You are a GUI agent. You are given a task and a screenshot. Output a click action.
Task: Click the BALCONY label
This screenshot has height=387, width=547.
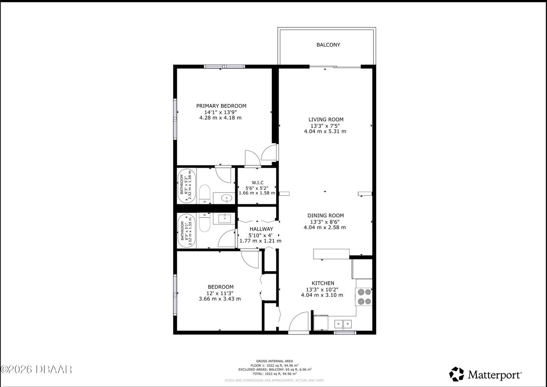pyautogui.click(x=328, y=45)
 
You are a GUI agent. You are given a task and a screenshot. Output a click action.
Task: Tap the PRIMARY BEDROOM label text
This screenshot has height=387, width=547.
pyautogui.click(x=221, y=106)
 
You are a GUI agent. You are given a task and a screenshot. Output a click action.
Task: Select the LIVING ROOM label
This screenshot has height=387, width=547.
pyautogui.click(x=326, y=120)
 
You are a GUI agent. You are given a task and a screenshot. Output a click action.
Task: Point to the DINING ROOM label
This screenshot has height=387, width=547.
pyautogui.click(x=325, y=216)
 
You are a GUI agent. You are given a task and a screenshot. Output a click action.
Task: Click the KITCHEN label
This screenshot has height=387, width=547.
pyautogui.click(x=323, y=283)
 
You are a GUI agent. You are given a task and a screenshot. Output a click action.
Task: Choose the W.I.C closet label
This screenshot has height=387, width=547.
pyautogui.click(x=257, y=183)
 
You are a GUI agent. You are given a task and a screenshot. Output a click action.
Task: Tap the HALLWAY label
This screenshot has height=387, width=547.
pyautogui.click(x=261, y=229)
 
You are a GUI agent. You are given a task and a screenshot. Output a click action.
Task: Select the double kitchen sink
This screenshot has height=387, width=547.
pyautogui.click(x=343, y=324)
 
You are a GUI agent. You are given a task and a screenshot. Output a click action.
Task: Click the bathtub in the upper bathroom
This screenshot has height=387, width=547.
pyautogui.click(x=187, y=186)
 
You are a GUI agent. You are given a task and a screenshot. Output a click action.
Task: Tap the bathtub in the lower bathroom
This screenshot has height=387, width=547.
pyautogui.click(x=187, y=230)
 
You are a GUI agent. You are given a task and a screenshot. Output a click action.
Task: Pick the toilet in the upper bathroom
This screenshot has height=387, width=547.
pyautogui.click(x=205, y=194)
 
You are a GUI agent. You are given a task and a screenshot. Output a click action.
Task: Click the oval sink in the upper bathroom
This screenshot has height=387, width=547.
pyautogui.click(x=223, y=198)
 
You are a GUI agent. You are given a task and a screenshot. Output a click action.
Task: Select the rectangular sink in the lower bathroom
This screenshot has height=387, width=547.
pyautogui.click(x=224, y=218)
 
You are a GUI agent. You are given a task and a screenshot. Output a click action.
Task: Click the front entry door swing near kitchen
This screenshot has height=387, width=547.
pyautogui.click(x=300, y=322)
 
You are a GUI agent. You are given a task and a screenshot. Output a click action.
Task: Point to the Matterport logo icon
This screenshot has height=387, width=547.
pyautogui.click(x=456, y=374)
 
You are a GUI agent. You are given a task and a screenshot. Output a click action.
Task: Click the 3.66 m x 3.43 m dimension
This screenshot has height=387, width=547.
pyautogui.click(x=220, y=298)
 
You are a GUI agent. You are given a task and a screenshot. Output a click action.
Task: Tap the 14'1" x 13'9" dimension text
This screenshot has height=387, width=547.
pyautogui.click(x=221, y=112)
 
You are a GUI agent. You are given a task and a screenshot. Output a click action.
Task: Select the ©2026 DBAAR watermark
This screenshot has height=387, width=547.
pyautogui.click(x=36, y=369)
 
